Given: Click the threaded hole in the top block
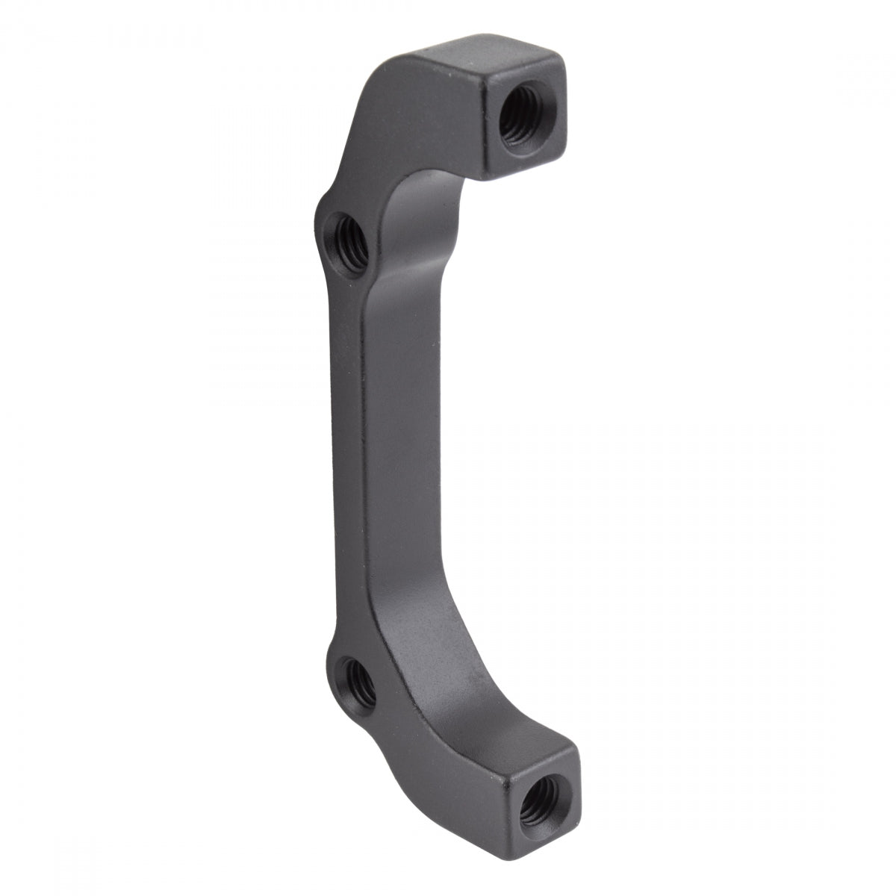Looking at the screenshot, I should coord(520,118).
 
